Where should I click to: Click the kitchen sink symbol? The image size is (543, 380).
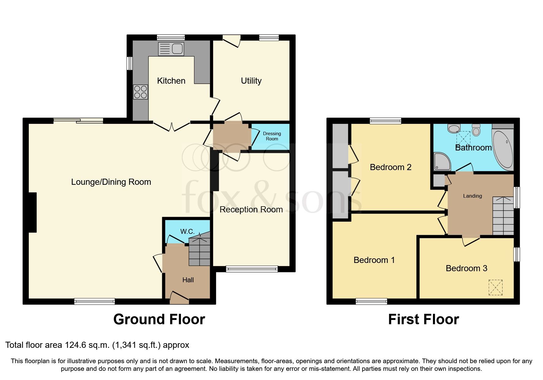(171, 49)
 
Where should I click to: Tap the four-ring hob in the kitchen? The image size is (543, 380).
(140, 92)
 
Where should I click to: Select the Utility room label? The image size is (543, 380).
(251, 81)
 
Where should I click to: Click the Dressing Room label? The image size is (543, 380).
(272, 136)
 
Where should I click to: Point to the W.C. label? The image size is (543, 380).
(187, 231)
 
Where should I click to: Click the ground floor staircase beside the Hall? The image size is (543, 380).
(200, 252)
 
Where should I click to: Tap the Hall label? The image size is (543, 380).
(188, 280)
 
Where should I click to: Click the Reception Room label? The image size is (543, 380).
(251, 210)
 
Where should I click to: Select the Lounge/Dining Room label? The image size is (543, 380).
(111, 182)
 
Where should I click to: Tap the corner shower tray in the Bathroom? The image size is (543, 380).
(442, 161)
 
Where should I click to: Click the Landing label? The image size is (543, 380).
(472, 196)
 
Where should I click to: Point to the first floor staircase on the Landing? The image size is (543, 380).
(503, 216)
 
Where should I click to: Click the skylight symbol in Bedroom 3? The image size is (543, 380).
(495, 287)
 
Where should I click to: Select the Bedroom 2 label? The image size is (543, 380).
(390, 167)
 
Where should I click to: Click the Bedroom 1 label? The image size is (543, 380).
(374, 260)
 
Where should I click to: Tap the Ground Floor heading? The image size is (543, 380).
(159, 319)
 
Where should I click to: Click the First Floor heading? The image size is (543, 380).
(423, 319)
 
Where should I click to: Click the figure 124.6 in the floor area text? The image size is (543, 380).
(76, 345)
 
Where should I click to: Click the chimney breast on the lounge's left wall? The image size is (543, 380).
(33, 212)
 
